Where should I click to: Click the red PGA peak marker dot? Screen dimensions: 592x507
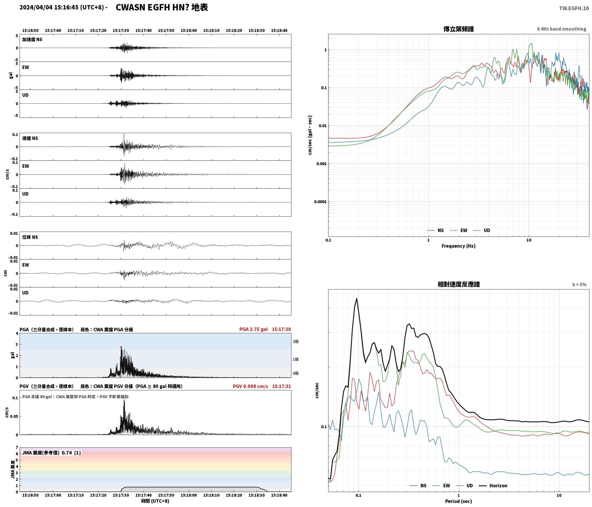pyautogui.click(x=121, y=347)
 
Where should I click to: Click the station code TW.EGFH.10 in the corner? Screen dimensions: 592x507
pyautogui.click(x=574, y=8)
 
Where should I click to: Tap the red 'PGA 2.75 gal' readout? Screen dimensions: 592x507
pyautogui.click(x=253, y=329)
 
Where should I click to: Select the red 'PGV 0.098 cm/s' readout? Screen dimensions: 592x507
pyautogui.click(x=250, y=386)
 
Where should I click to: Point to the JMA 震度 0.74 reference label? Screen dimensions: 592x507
pyautogui.click(x=51, y=453)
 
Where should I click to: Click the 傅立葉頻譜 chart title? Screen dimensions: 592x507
pyautogui.click(x=459, y=29)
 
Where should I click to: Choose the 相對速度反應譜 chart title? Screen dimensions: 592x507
pyautogui.click(x=459, y=284)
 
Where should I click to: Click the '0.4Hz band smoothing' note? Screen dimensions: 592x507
pyautogui.click(x=562, y=29)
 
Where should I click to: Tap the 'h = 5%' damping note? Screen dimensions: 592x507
pyautogui.click(x=579, y=285)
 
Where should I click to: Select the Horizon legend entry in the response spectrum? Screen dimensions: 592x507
pyautogui.click(x=493, y=486)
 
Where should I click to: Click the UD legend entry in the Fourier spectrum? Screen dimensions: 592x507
pyautogui.click(x=482, y=230)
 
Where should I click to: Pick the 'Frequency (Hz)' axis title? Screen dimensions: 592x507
pyautogui.click(x=459, y=246)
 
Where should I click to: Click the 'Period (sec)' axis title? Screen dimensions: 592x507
pyautogui.click(x=459, y=501)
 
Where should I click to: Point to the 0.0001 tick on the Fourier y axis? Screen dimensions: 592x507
pyautogui.click(x=320, y=202)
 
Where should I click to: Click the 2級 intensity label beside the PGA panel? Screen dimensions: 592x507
pyautogui.click(x=296, y=341)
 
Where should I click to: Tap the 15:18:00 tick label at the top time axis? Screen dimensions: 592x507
pyautogui.click(x=189, y=31)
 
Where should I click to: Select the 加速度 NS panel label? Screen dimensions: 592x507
pyautogui.click(x=32, y=39)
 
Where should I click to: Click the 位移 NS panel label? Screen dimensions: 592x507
pyautogui.click(x=30, y=237)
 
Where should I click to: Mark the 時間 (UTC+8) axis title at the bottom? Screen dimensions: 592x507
pyautogui.click(x=155, y=501)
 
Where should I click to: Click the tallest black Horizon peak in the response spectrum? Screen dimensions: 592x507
pyautogui.click(x=357, y=298)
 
